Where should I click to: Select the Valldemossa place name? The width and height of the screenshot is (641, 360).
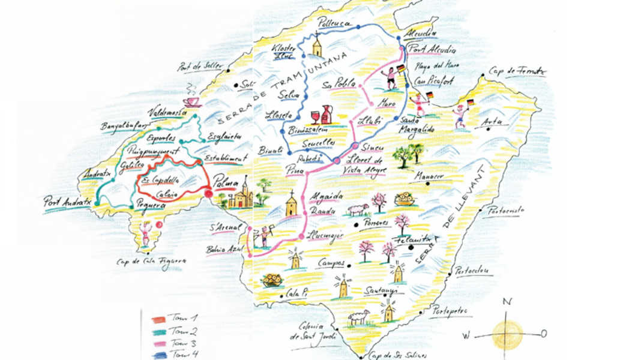(167, 112)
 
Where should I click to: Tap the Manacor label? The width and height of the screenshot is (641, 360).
(429, 176)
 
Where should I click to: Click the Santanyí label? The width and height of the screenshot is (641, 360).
(379, 290)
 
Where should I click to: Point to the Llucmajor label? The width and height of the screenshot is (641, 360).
(325, 235)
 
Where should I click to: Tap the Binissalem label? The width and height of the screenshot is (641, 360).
(307, 129)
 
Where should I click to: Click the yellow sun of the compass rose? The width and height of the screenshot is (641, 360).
(507, 335)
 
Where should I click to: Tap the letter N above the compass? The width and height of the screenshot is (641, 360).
(507, 302)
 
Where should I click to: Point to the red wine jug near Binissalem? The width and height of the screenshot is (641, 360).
(328, 114)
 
